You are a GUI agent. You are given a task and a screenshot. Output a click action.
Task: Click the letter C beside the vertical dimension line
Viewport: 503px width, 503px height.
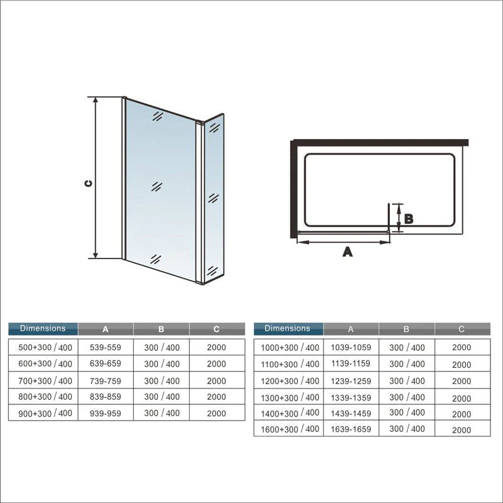(x=89, y=183)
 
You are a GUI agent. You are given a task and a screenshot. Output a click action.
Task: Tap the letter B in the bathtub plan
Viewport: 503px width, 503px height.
(x=408, y=219)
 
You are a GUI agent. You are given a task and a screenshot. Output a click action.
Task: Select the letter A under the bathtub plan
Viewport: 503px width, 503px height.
(x=348, y=252)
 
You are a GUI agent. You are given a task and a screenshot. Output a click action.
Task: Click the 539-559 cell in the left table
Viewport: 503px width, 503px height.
(x=105, y=347)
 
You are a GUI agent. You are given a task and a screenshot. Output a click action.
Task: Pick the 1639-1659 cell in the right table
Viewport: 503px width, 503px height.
(x=351, y=429)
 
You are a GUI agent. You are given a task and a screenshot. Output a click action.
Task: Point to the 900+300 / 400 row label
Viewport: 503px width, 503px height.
(x=45, y=413)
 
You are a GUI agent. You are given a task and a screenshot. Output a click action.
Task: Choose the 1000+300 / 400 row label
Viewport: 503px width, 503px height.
(x=290, y=348)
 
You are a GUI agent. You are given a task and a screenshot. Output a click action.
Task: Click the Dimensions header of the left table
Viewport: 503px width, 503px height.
(x=43, y=328)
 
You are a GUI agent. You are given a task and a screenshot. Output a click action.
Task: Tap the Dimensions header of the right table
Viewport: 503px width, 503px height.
(x=287, y=328)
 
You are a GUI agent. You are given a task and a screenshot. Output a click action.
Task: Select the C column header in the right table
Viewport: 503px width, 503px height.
(x=462, y=329)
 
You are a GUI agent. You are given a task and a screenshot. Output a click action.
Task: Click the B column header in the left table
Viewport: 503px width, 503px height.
(x=161, y=329)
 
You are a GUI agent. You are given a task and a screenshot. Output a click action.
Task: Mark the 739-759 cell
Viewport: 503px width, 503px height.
(x=105, y=381)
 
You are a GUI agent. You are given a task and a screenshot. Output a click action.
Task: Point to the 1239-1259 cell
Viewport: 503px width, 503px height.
(x=351, y=381)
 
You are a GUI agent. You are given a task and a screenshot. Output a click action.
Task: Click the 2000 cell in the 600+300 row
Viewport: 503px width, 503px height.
(x=216, y=364)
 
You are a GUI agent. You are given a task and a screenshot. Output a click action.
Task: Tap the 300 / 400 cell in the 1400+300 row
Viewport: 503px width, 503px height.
(x=407, y=412)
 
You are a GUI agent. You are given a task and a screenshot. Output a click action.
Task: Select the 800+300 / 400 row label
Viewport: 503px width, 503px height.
(x=45, y=397)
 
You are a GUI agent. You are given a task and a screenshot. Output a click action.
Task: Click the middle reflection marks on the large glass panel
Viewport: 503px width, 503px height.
(x=157, y=186)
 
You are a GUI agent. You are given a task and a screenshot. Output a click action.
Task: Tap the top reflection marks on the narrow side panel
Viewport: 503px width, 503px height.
(x=214, y=128)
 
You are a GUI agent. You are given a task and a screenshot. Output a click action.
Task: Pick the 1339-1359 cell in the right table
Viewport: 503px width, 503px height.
(x=351, y=398)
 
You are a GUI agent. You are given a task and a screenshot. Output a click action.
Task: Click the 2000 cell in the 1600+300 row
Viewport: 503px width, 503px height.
(x=462, y=430)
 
